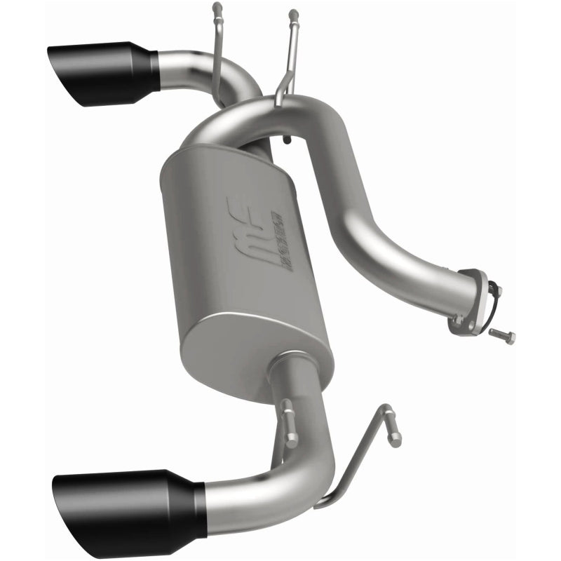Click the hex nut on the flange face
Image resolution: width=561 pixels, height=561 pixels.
(x=458, y=319)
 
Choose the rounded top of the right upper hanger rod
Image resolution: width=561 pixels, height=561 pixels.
(x=293, y=13)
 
